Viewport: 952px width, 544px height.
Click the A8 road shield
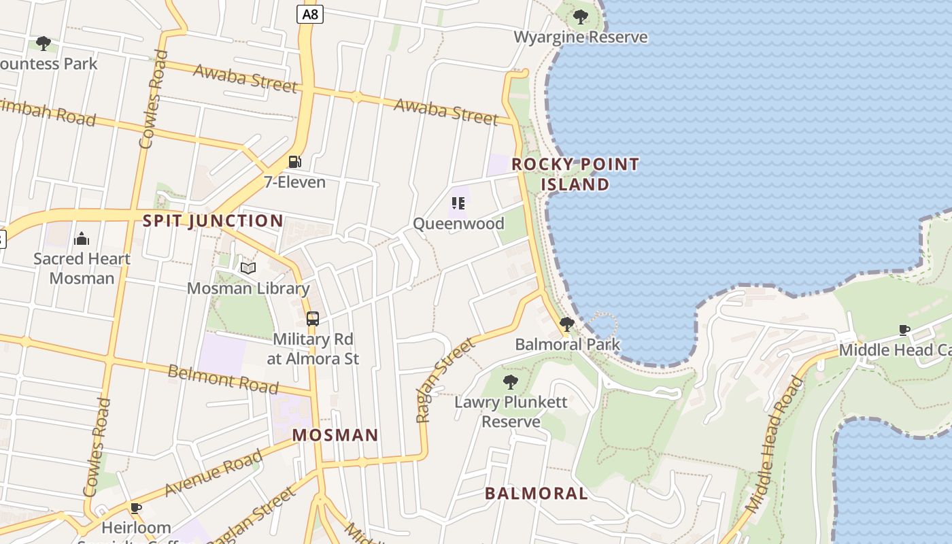[309, 14]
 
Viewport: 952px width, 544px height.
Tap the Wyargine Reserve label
[580, 37]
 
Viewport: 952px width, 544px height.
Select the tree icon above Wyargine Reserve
[580, 16]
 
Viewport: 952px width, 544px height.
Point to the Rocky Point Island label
[575, 174]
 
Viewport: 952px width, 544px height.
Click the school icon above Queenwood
[458, 203]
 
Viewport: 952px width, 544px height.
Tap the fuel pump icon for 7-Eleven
[295, 162]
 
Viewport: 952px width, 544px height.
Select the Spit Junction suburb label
[213, 221]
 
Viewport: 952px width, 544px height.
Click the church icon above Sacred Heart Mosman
[82, 238]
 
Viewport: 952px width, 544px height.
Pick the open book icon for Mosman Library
[248, 268]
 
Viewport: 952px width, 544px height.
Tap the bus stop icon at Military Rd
[313, 318]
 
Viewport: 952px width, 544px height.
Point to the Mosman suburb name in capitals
[335, 435]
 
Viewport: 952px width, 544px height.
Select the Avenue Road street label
[214, 473]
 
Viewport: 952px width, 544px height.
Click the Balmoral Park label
[568, 344]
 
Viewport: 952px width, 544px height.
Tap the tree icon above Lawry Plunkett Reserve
[510, 381]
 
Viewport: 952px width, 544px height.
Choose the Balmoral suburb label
[537, 494]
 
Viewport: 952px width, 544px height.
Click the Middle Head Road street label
[775, 445]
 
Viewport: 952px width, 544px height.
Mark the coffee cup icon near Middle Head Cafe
[904, 330]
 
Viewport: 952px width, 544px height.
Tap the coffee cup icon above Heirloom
[136, 507]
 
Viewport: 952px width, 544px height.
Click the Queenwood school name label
[458, 223]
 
